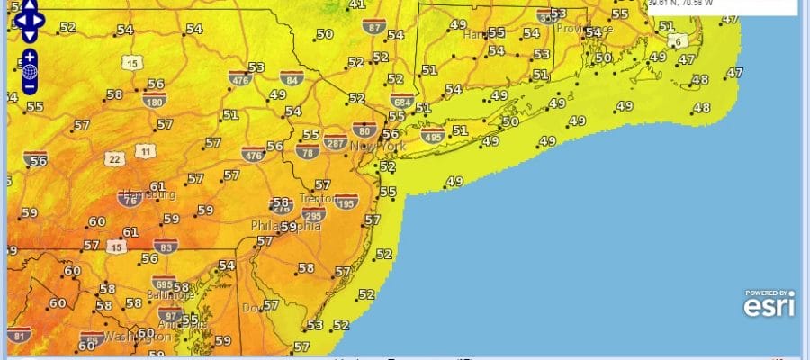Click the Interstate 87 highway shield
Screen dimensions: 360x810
coord(375,27)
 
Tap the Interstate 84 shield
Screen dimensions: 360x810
coord(291,77)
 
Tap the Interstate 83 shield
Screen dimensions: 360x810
coord(164,245)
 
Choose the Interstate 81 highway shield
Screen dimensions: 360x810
coord(18,337)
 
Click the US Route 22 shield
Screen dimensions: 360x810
coord(113,159)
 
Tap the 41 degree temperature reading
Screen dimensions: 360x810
coord(357,4)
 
